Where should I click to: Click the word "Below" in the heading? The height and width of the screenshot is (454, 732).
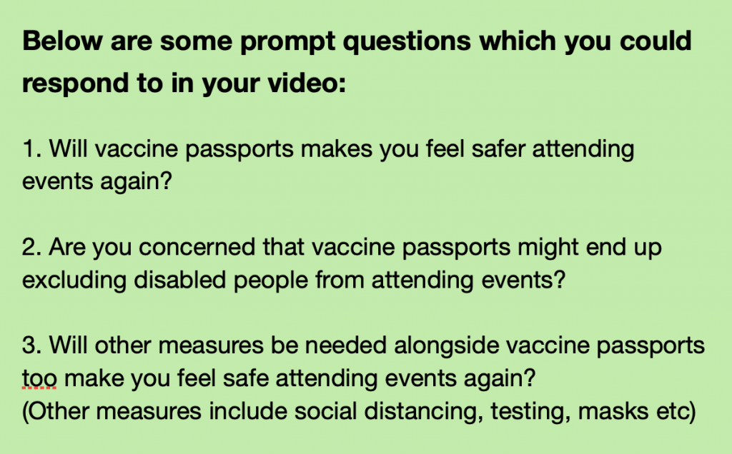63,41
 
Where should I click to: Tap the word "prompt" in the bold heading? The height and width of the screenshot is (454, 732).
287,43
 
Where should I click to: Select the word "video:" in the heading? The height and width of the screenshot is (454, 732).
307,83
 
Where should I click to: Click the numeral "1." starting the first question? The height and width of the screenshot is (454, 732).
32,149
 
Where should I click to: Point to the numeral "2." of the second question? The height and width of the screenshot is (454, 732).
32,247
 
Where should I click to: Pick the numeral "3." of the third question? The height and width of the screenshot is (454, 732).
32,346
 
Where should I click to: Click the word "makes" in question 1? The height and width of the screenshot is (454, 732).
337,150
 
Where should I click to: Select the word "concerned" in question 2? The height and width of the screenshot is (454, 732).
197,247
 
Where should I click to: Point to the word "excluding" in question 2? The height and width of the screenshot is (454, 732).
74,281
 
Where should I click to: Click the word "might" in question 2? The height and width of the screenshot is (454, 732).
548,248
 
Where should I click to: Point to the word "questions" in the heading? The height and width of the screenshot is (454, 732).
407,43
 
